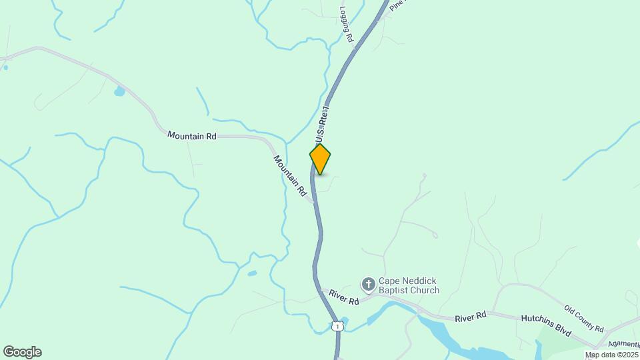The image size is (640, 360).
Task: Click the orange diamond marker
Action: point(320,159)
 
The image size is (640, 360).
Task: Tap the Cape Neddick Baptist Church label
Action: point(409,285)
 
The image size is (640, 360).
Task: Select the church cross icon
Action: point(368,285)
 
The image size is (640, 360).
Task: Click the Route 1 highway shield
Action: point(338,326)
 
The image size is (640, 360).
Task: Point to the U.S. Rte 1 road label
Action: point(323,123)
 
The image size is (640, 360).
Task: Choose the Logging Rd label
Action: point(345,25)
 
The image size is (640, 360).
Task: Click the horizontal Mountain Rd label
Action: point(192,135)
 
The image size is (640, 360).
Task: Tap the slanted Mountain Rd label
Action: point(290,176)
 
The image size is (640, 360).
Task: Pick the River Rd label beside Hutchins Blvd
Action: point(471,318)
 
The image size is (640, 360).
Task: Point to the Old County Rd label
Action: point(584,319)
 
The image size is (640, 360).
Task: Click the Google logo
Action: point(22,351)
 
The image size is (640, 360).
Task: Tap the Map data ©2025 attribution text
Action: point(611,355)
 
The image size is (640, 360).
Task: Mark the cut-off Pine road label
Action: point(397,5)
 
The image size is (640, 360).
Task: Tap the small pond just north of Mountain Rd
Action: point(119,91)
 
